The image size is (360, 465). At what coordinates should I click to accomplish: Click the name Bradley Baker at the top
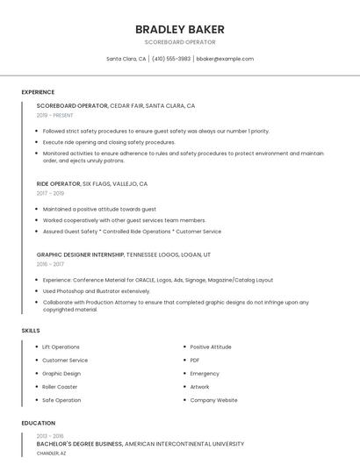point(180,29)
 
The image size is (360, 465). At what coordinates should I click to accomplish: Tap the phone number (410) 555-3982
point(171,59)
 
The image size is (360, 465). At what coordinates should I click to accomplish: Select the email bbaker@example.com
point(225,59)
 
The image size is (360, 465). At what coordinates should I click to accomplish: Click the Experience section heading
point(38,92)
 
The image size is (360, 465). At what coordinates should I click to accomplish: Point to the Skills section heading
point(31,330)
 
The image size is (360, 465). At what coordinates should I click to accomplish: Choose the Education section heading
point(38,423)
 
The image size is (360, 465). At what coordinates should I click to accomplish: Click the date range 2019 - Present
point(54,115)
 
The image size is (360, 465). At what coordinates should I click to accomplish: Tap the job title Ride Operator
point(58,184)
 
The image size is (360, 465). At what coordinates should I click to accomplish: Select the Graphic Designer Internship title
point(80,254)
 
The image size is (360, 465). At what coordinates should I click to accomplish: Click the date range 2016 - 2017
point(50,263)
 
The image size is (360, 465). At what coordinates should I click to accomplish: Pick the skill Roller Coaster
point(60,387)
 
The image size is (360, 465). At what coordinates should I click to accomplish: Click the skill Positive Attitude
point(211,347)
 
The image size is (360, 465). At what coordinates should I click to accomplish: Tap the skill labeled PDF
point(195,360)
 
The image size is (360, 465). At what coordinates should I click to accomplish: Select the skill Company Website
point(213,400)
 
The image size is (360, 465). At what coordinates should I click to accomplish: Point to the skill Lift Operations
point(61,347)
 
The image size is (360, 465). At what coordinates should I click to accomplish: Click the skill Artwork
point(199,387)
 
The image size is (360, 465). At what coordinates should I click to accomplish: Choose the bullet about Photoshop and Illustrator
point(97,291)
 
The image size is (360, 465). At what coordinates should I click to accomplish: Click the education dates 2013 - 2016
point(49,436)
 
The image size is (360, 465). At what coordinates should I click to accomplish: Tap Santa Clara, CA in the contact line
point(126,59)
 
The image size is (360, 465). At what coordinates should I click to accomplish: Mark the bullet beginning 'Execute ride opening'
point(109,142)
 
